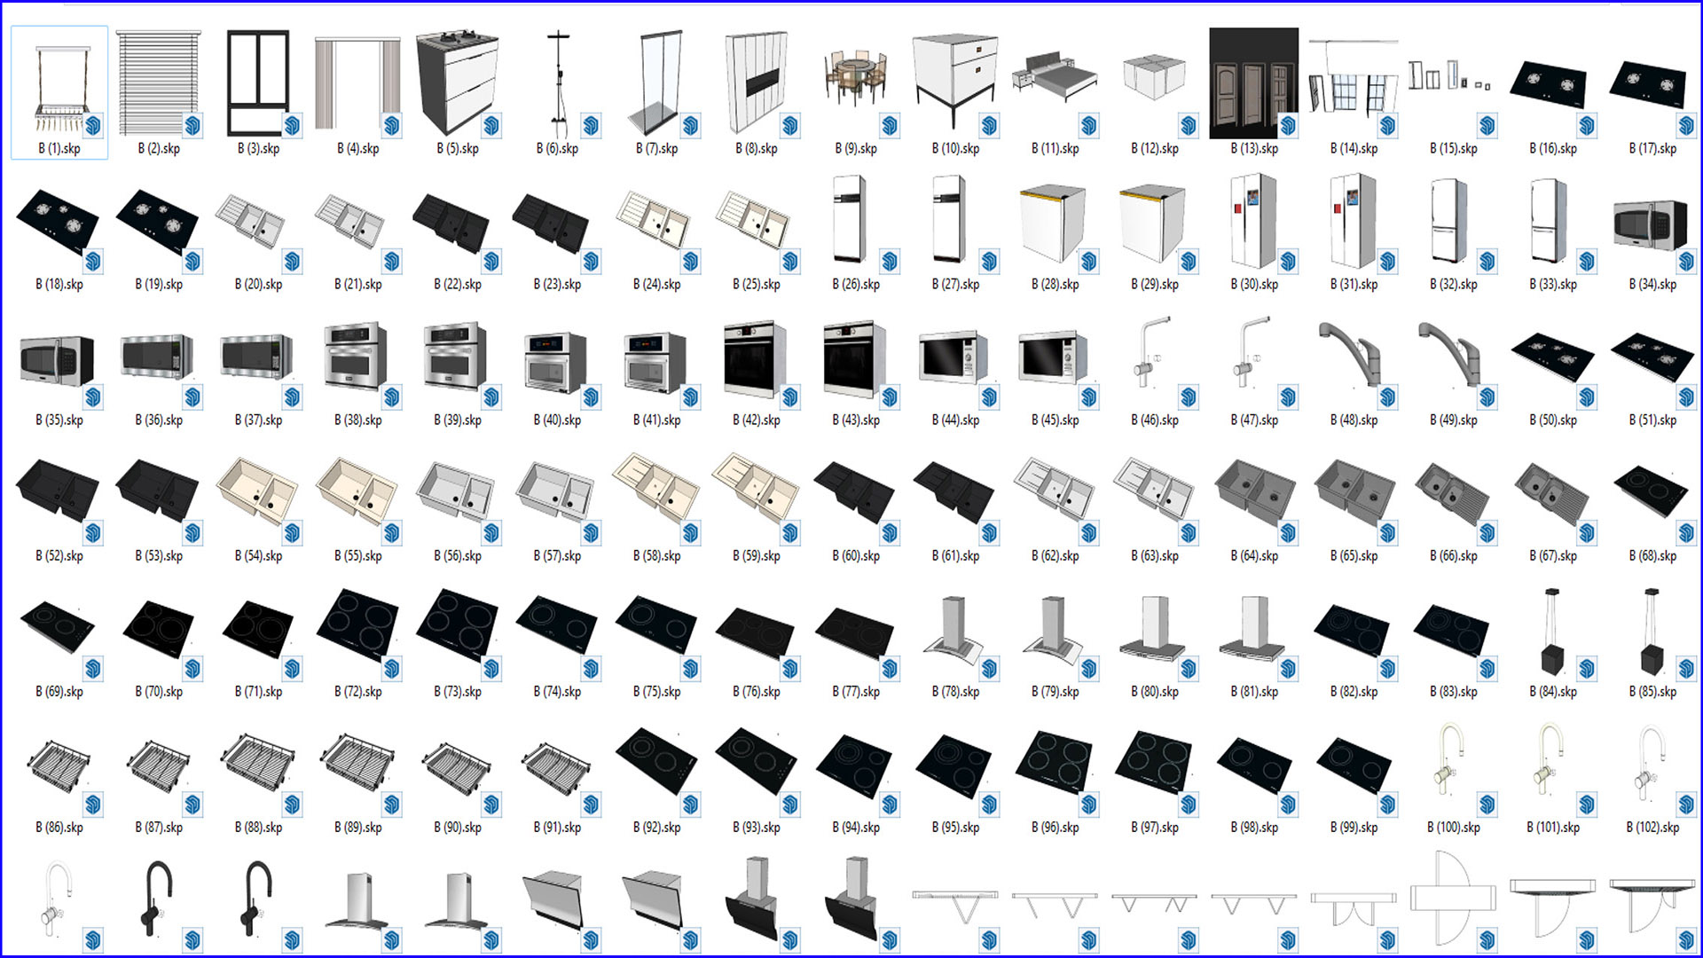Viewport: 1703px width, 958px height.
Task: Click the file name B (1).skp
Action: pyautogui.click(x=59, y=149)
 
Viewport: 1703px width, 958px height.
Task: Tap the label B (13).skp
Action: pyautogui.click(x=1254, y=149)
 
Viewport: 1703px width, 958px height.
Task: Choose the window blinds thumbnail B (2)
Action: pyautogui.click(x=159, y=82)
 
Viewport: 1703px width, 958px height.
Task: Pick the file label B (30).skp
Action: pyautogui.click(x=1254, y=285)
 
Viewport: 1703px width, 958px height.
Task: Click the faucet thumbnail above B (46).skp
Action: pyautogui.click(x=1150, y=354)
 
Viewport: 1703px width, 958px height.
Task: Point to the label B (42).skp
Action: pyautogui.click(x=757, y=420)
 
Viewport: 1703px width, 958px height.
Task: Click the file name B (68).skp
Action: pyautogui.click(x=1652, y=556)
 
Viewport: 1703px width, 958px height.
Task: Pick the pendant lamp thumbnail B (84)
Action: pyautogui.click(x=1551, y=631)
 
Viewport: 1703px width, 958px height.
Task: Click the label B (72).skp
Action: pyautogui.click(x=358, y=692)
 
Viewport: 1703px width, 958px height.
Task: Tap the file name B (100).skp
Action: pyautogui.click(x=1454, y=828)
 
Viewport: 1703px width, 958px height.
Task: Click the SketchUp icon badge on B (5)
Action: pyautogui.click(x=491, y=126)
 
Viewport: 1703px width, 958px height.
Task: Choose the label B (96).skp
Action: pyautogui.click(x=1056, y=828)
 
